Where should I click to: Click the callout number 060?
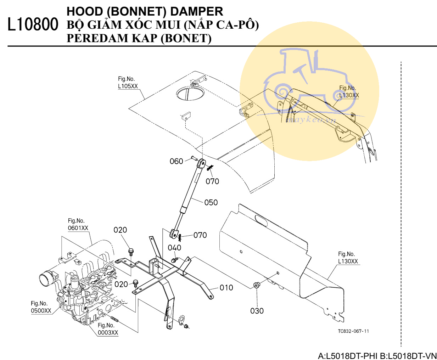pos(176,162)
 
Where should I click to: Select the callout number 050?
pos(211,203)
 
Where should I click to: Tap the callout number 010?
pos(226,288)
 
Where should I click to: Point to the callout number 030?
pos(257,311)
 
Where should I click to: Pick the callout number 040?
pos(174,248)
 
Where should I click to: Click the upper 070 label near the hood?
pos(212,181)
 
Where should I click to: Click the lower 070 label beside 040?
pos(200,235)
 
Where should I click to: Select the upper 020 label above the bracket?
pos(120,230)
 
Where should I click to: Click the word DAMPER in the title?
pos(197,11)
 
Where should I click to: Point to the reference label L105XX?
pos(128,86)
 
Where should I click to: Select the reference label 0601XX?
pos(78,228)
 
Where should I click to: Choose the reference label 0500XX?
pos(41,311)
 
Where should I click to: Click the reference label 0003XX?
pos(108,333)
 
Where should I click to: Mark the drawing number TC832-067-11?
pos(353,331)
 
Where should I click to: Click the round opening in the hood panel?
pos(190,93)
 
